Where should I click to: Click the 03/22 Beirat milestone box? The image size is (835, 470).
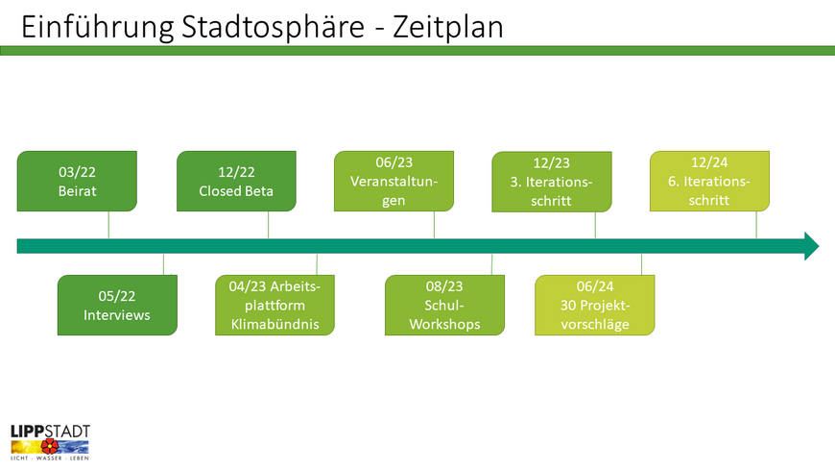(77, 181)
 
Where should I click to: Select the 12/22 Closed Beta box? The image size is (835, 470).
(236, 181)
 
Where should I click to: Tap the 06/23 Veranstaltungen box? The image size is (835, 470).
(394, 181)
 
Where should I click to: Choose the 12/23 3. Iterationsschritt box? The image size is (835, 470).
(552, 182)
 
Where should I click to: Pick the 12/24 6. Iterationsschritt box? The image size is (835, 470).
(709, 181)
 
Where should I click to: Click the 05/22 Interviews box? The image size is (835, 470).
(117, 305)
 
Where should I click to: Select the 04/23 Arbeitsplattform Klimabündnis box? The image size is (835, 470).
(274, 305)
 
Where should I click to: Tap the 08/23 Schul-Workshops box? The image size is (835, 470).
(444, 305)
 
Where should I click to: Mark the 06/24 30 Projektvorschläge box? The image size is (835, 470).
(595, 305)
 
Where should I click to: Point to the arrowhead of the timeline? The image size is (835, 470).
(812, 246)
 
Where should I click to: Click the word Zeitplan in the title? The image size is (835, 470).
(448, 27)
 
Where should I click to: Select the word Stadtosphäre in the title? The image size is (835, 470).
(273, 27)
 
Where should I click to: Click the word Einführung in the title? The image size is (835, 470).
(98, 27)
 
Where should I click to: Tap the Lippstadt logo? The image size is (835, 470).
(50, 442)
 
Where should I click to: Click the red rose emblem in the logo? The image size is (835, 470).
(50, 445)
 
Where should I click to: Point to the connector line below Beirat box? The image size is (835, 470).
(108, 225)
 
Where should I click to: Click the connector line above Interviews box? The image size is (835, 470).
(163, 264)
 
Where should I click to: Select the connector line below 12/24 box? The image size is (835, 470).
(756, 225)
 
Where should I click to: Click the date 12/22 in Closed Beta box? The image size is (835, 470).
(236, 172)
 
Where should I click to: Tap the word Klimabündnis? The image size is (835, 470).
(274, 324)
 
